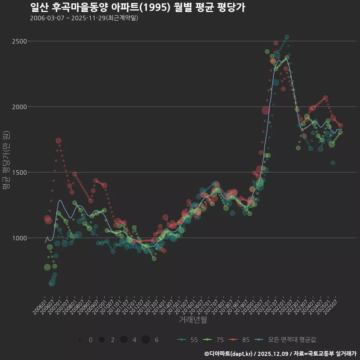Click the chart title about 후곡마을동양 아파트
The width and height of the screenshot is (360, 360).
(x=137, y=7)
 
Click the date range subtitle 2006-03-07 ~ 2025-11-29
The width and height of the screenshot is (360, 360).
(x=84, y=18)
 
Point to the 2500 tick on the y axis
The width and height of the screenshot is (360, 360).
(x=19, y=41)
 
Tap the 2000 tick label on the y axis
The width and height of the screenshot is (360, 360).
(x=19, y=106)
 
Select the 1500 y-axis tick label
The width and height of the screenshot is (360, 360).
(x=19, y=172)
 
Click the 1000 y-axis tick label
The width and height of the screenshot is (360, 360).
(x=19, y=238)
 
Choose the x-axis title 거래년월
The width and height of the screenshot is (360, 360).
(x=193, y=319)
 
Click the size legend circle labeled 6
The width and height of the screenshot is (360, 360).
(x=146, y=340)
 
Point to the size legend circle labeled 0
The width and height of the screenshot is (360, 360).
(x=80, y=340)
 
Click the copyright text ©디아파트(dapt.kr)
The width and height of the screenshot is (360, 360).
(x=229, y=353)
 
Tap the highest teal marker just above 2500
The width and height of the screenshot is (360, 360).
(x=287, y=37)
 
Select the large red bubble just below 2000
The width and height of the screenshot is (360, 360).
(x=266, y=110)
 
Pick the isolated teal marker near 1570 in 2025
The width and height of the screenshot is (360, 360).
(x=333, y=163)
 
